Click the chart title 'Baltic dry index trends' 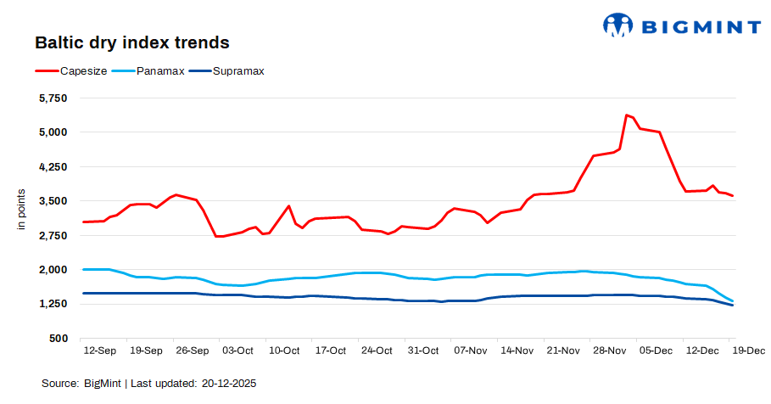132,42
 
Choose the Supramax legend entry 228,71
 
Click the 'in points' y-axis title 22,212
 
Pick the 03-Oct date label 237,351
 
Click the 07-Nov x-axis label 470,351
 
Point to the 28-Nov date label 609,351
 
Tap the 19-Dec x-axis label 748,351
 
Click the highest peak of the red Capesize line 626,115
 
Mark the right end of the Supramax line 732,305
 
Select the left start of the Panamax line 83,269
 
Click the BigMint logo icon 618,25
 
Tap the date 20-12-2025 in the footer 229,384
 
